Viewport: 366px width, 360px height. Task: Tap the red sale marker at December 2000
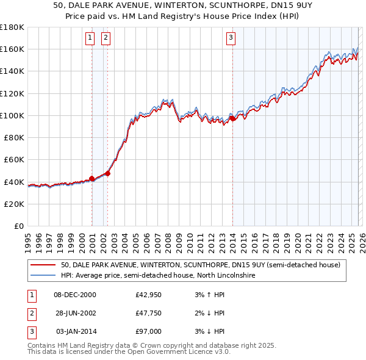[92, 178]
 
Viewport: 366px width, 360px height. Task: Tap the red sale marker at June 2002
[108, 173]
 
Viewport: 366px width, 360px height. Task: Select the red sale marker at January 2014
[232, 118]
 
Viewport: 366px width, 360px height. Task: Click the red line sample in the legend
[44, 265]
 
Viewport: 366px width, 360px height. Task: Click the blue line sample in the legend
[44, 275]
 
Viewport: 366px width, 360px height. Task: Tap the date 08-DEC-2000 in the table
[75, 295]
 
